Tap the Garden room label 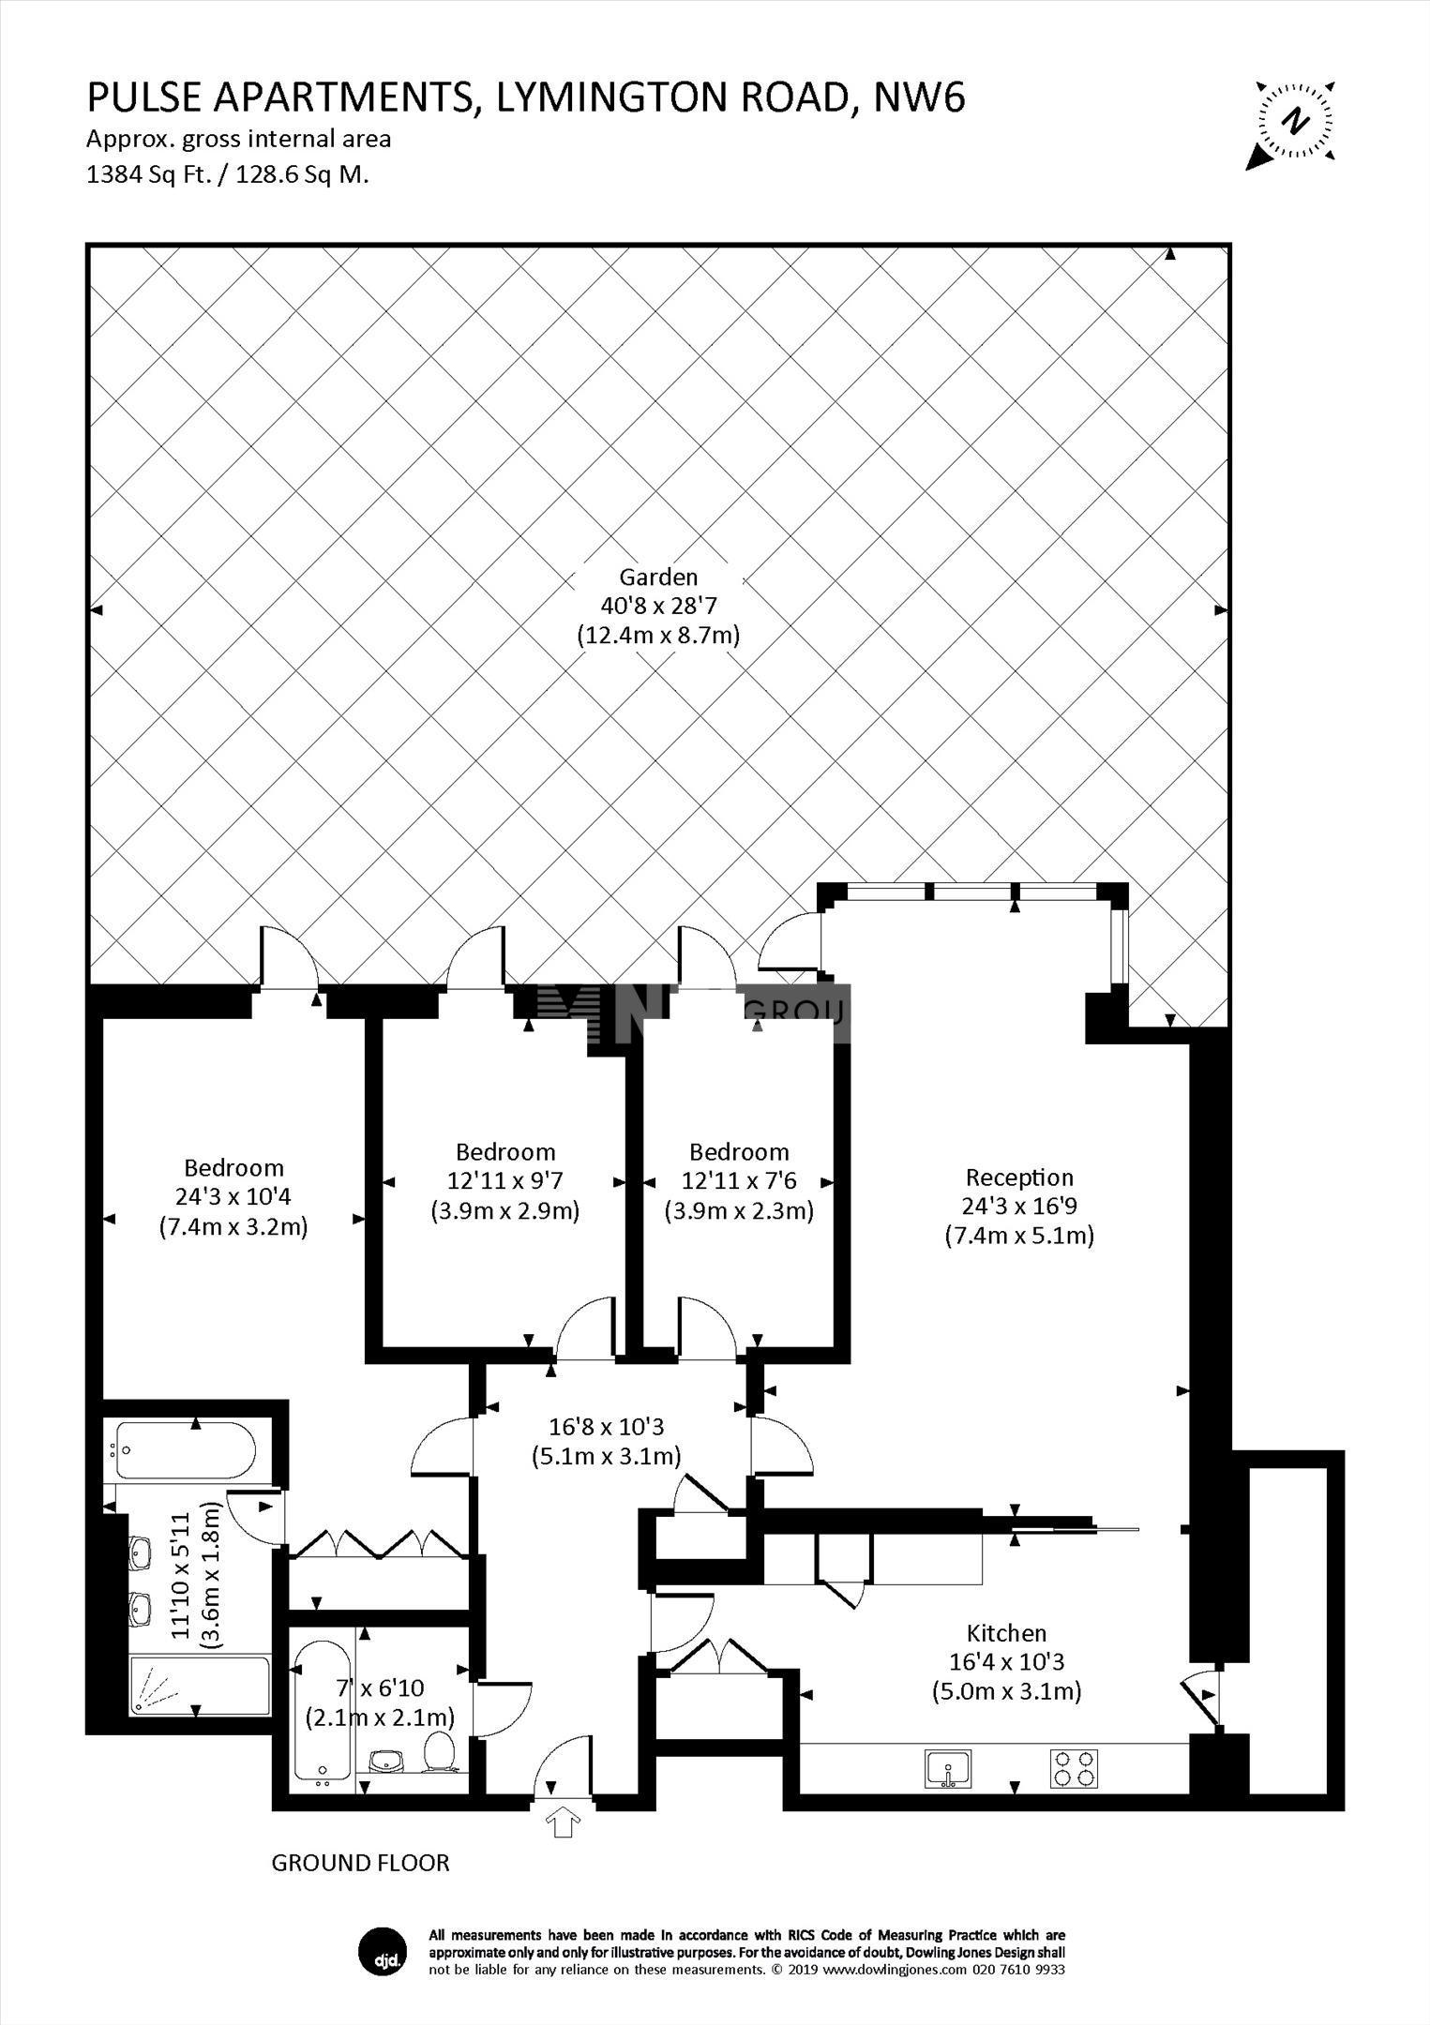(x=658, y=577)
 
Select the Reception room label (x=1019, y=1177)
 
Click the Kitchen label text (x=1006, y=1633)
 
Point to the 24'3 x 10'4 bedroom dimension (x=233, y=1197)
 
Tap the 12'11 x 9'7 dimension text (x=505, y=1180)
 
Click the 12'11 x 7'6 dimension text (x=739, y=1180)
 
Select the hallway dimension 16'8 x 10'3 (x=606, y=1427)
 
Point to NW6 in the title (x=919, y=97)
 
